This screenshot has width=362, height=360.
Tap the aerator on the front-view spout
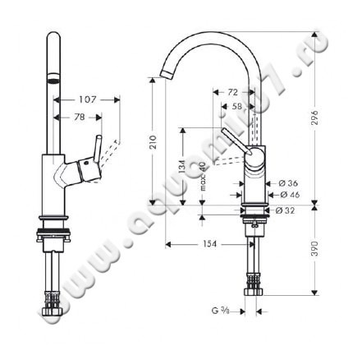pyautogui.click(x=52, y=81)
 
